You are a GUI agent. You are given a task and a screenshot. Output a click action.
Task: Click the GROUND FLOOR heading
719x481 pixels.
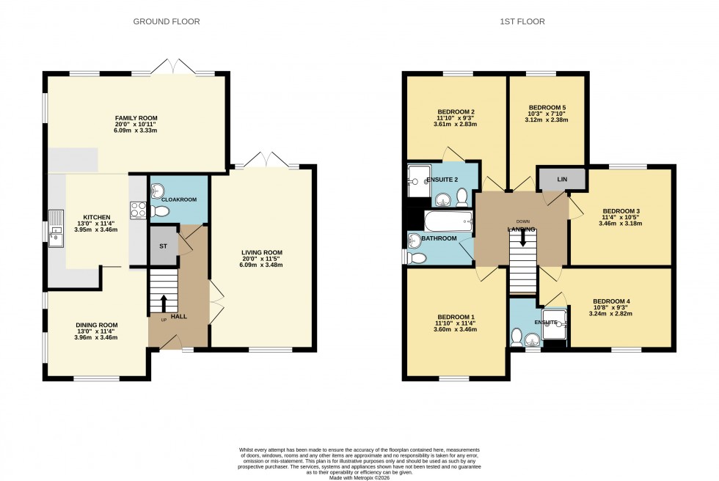(x=166, y=22)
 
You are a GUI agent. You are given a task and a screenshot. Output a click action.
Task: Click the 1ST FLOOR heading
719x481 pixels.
(x=523, y=22)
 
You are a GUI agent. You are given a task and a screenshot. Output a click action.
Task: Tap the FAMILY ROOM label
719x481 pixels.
(x=136, y=118)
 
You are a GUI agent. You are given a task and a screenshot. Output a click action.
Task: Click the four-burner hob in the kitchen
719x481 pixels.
(x=137, y=210)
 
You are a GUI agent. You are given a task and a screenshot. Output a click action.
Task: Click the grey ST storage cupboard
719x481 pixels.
(x=163, y=246)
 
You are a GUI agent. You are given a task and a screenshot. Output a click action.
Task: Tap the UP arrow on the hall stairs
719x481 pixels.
(x=163, y=302)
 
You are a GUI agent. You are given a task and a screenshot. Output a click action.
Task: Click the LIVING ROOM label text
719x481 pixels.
(x=262, y=253)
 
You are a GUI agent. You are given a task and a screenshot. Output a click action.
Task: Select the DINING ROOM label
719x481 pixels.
(x=97, y=325)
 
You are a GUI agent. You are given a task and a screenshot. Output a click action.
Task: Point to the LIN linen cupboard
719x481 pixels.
(x=561, y=178)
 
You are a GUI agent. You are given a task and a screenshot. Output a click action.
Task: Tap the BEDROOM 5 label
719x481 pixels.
(x=547, y=106)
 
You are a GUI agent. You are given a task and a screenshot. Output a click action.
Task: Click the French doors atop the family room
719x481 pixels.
(x=174, y=68)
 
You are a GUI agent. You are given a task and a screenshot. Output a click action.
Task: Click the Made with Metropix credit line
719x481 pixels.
(x=359, y=478)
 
